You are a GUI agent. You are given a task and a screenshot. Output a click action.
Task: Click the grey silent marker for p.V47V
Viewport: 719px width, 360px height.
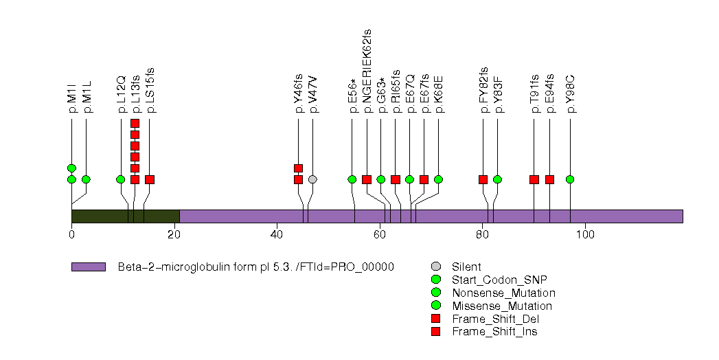(x=312, y=179)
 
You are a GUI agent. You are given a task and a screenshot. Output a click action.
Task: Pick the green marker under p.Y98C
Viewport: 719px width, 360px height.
(x=570, y=179)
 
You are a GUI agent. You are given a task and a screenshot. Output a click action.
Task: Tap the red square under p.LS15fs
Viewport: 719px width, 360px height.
(x=150, y=179)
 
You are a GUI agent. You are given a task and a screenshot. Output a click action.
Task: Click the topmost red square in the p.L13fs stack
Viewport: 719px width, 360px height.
(x=135, y=124)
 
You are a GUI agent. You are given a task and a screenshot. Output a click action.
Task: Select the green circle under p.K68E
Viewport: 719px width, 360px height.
(x=439, y=179)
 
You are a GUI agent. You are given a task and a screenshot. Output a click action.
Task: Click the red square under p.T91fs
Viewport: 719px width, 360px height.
(x=534, y=179)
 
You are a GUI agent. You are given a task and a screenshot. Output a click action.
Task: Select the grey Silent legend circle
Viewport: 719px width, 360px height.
(x=435, y=267)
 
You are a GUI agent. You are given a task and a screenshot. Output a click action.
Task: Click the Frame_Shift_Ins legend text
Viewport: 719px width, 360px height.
(x=494, y=332)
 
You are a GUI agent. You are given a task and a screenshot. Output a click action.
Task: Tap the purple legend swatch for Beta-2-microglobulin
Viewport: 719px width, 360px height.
(x=88, y=267)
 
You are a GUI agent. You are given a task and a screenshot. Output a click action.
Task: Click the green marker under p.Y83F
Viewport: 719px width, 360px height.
(x=497, y=179)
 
